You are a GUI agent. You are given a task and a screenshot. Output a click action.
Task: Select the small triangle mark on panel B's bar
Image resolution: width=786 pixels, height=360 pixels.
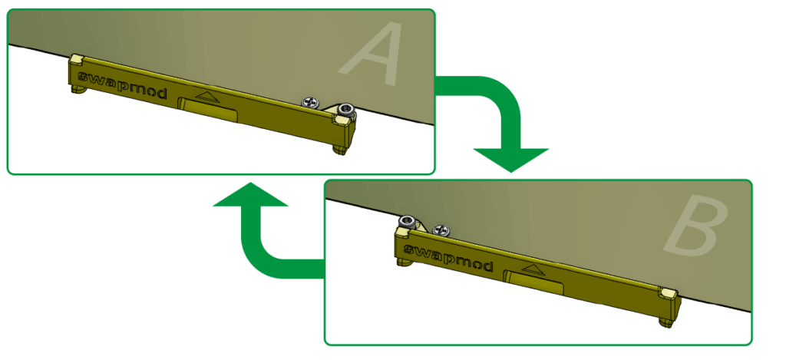pyautogui.click(x=529, y=268)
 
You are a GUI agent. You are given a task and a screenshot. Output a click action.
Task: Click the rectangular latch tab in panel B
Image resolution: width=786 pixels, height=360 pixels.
pyautogui.click(x=534, y=283)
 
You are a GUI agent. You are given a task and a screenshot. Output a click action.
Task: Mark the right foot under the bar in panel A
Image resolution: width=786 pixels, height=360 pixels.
pyautogui.click(x=339, y=149)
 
